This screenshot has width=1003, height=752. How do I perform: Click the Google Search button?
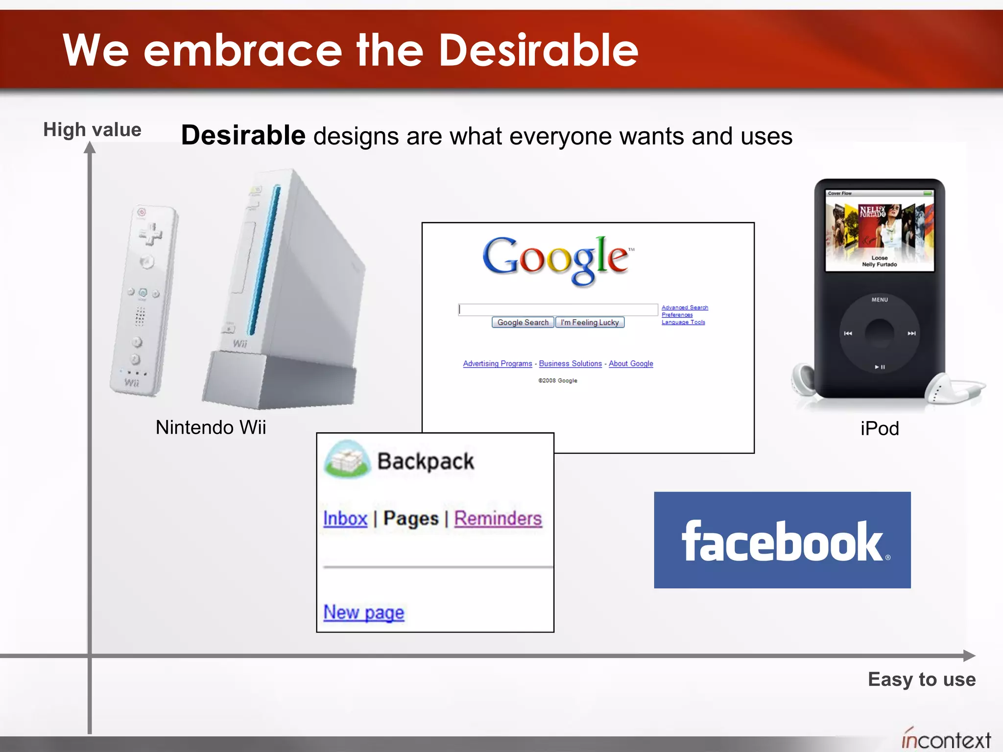pos(523,322)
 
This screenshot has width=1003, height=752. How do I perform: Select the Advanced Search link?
pos(685,307)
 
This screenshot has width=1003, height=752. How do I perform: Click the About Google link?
pos(631,363)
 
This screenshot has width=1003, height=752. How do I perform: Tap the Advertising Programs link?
pos(497,363)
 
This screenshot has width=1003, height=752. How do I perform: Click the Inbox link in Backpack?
pos(345,518)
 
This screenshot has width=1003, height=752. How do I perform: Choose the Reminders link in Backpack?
pos(498,518)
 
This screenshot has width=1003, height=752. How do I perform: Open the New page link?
pos(364,612)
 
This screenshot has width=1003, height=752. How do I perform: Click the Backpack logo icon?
pos(348,459)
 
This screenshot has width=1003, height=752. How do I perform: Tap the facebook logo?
pos(782,540)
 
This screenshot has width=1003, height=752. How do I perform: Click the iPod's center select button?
pos(880,333)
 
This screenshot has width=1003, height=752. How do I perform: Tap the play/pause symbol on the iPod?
pos(880,367)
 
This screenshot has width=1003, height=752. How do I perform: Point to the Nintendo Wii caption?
pos(211,427)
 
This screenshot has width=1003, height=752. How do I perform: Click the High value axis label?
pos(92,130)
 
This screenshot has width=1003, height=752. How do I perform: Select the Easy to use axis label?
pos(922,680)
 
